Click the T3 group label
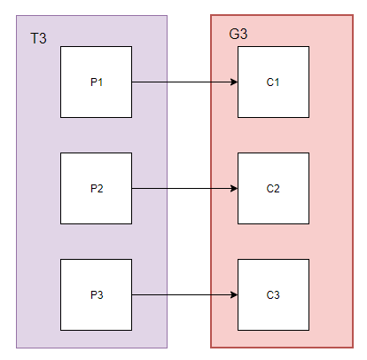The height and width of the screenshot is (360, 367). coord(38,38)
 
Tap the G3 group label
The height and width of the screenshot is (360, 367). coord(238,34)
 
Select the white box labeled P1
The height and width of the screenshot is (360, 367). coord(97,82)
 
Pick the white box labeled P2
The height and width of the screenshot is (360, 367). coord(97,188)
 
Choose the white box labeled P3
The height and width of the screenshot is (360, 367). coord(97,294)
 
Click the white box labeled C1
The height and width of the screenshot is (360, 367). coord(274,82)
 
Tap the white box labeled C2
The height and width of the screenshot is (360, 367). coord(274,188)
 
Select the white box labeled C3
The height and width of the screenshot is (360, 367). coord(274,294)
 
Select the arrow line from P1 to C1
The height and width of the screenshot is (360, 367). coord(184,82)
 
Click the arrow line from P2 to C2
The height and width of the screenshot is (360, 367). coord(184,188)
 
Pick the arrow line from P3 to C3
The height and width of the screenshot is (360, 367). coord(184,294)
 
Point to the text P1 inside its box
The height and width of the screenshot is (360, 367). coord(97,82)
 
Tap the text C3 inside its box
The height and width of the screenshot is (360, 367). coord(273,294)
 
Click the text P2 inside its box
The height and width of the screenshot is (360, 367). coord(97,188)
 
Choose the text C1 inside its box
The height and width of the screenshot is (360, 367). coord(273,82)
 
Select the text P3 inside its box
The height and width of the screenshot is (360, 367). coord(97,294)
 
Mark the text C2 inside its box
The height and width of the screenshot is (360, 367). coord(273,188)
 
